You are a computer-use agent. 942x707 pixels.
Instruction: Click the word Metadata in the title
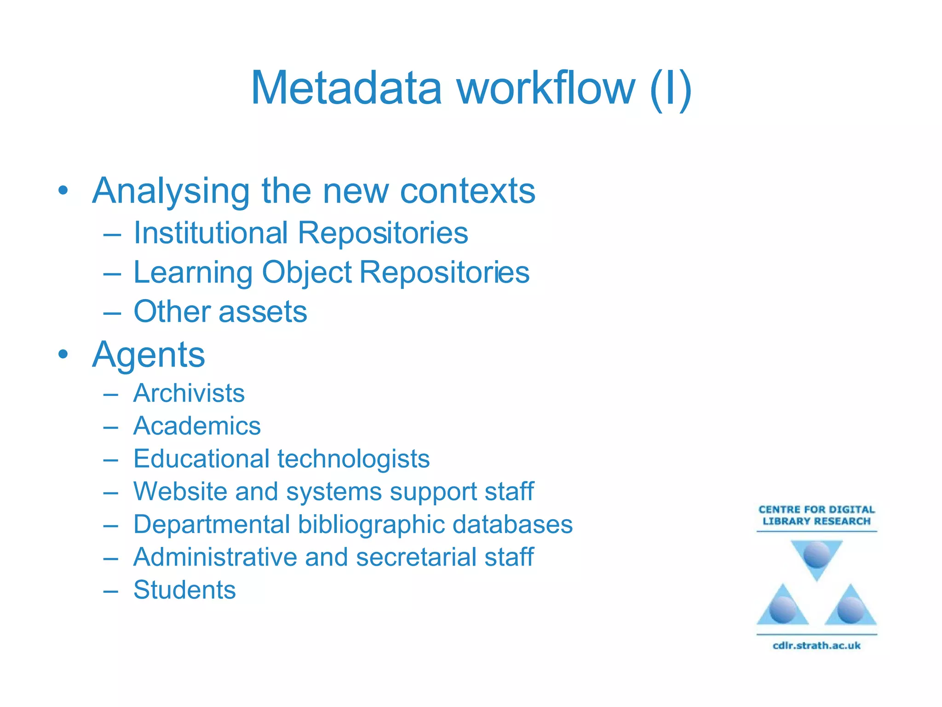(x=346, y=88)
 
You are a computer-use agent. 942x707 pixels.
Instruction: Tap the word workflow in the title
(x=546, y=88)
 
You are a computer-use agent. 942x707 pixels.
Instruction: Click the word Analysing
(x=171, y=191)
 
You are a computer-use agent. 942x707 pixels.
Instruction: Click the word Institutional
(x=211, y=232)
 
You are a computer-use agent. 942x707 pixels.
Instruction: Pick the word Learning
(x=193, y=273)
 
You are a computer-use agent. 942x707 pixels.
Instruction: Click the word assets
(x=263, y=312)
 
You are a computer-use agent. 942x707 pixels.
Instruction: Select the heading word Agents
(x=149, y=355)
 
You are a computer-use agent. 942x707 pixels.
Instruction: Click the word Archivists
(x=189, y=393)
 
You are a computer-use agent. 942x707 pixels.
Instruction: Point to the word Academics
(x=197, y=426)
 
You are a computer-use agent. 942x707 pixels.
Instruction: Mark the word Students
(x=184, y=590)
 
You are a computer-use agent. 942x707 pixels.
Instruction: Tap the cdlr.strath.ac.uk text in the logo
(x=816, y=645)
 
